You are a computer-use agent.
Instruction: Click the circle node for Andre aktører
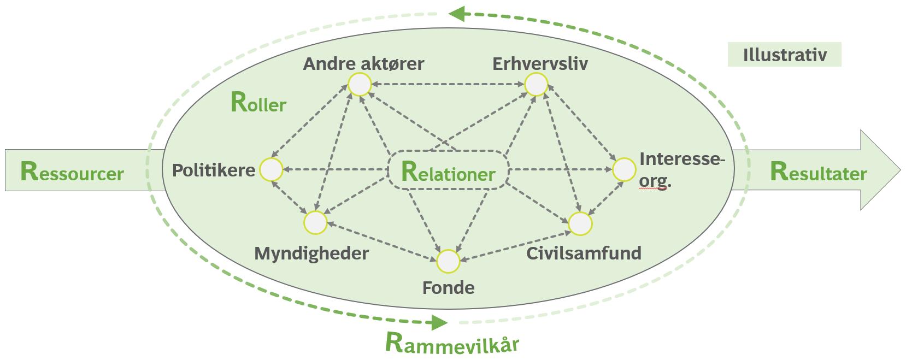click(x=360, y=85)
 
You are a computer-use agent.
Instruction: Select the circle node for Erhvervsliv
click(x=536, y=85)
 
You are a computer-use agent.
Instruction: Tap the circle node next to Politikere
click(x=271, y=170)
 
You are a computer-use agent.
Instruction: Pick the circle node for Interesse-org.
click(x=623, y=170)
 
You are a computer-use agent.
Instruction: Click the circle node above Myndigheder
click(x=315, y=222)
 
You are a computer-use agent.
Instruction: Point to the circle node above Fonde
click(x=448, y=261)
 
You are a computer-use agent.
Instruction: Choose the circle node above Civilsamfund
click(x=580, y=223)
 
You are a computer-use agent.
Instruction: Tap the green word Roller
click(x=258, y=103)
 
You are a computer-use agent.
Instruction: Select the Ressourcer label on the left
click(x=72, y=172)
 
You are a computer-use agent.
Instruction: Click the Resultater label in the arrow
click(x=818, y=172)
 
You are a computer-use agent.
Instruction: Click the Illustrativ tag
click(x=784, y=55)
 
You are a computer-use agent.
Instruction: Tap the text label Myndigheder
click(x=311, y=253)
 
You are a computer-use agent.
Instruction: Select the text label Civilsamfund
click(x=584, y=253)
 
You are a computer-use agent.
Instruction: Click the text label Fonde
click(x=448, y=287)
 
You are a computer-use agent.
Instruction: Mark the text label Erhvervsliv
click(x=540, y=64)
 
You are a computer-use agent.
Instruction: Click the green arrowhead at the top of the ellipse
click(x=457, y=13)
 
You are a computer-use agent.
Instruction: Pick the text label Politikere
click(x=214, y=170)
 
